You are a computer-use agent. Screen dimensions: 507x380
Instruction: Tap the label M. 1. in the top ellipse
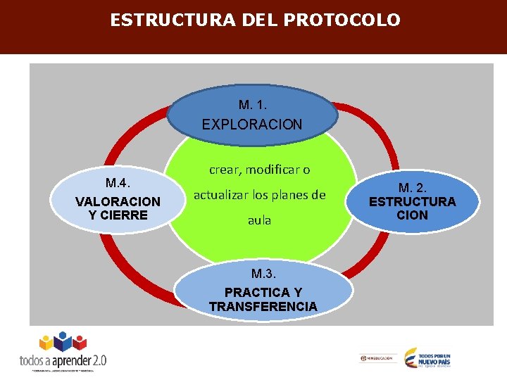[253, 106]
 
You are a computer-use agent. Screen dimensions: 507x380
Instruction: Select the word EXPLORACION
[252, 125]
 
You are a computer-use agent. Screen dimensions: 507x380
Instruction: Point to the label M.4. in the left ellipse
[118, 184]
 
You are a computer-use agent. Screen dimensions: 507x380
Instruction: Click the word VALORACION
[118, 202]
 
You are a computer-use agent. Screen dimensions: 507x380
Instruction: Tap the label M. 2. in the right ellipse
[412, 188]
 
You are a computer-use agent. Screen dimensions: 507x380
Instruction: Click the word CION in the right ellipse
[412, 215]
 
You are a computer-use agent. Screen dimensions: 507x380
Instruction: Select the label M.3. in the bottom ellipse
[263, 273]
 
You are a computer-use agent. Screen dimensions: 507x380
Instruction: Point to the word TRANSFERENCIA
[263, 306]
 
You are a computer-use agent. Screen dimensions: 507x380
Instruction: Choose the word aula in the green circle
[259, 220]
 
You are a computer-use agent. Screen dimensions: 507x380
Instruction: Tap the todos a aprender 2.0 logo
[63, 352]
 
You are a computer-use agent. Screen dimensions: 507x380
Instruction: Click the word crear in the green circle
[224, 170]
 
